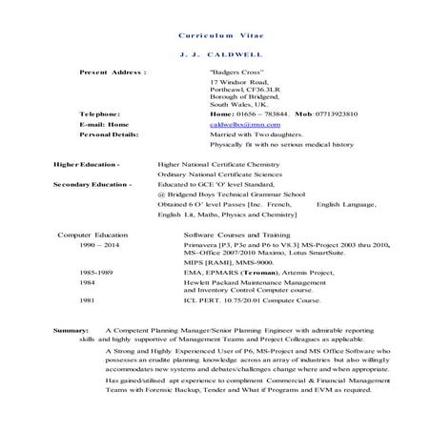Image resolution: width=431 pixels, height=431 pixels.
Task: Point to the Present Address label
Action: [113, 72]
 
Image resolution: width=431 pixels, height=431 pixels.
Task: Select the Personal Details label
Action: [109, 134]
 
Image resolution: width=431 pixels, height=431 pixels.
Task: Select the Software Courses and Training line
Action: [236, 234]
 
